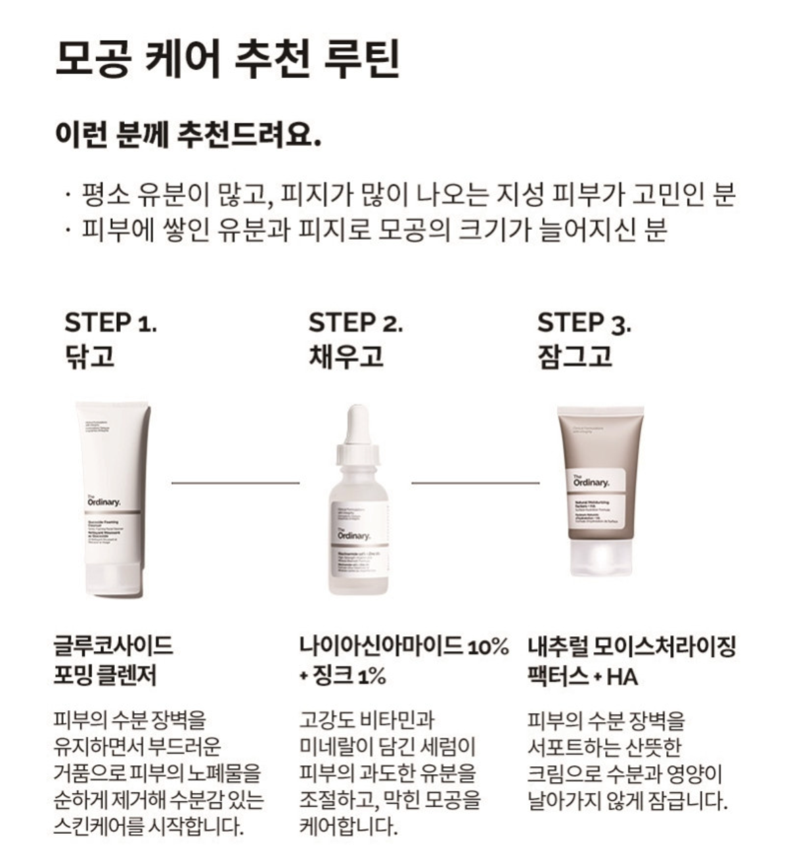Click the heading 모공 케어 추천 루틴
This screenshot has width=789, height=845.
(227, 60)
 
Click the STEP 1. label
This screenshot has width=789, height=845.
(110, 323)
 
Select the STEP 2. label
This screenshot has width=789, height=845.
(355, 323)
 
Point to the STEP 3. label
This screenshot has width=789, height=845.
(584, 323)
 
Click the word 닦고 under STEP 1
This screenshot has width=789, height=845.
(89, 355)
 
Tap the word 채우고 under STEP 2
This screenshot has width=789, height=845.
(346, 355)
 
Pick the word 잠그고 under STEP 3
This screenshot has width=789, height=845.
(575, 355)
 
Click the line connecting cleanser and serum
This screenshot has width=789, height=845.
(235, 483)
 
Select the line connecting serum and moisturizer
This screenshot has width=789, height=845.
(475, 483)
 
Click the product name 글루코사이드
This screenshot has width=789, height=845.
(113, 646)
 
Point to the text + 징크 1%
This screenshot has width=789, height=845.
(342, 676)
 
